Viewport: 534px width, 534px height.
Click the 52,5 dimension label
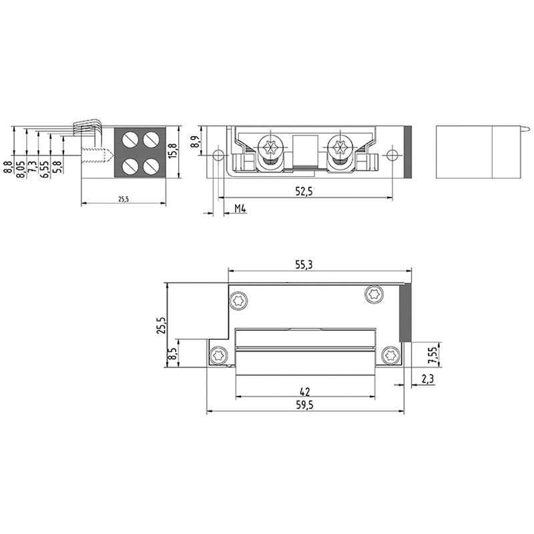(x=304, y=192)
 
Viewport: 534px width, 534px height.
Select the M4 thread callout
(x=240, y=209)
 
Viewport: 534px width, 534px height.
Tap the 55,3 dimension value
(x=304, y=264)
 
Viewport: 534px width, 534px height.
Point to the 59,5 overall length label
(x=305, y=405)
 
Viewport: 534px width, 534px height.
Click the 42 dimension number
(x=305, y=392)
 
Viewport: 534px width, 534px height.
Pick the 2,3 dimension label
(x=427, y=378)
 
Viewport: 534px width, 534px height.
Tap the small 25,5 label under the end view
(x=123, y=199)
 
